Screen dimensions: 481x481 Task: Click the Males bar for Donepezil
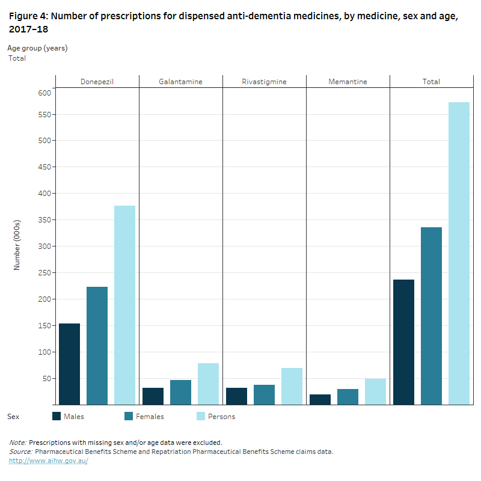tap(69, 364)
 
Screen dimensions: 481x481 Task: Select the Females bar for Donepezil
tap(97, 346)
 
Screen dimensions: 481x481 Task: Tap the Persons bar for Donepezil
tap(124, 305)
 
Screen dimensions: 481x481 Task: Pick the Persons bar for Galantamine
tap(208, 384)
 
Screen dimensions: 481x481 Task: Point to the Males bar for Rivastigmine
tap(236, 396)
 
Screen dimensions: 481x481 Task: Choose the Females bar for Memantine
tap(348, 397)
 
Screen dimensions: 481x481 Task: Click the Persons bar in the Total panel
tap(459, 253)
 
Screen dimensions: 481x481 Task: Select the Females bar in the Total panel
tap(431, 316)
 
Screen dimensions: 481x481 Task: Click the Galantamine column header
tap(180, 82)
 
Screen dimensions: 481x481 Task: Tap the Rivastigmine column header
tap(264, 82)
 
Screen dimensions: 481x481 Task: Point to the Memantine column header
tap(348, 82)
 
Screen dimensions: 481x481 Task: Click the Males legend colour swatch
tap(57, 416)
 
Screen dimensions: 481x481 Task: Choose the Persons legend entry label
tap(221, 417)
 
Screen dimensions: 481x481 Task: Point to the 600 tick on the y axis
tap(44, 93)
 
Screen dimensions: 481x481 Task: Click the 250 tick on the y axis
tap(44, 273)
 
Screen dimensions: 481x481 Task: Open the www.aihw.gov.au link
tap(48, 461)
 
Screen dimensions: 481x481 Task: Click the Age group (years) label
tap(37, 47)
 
